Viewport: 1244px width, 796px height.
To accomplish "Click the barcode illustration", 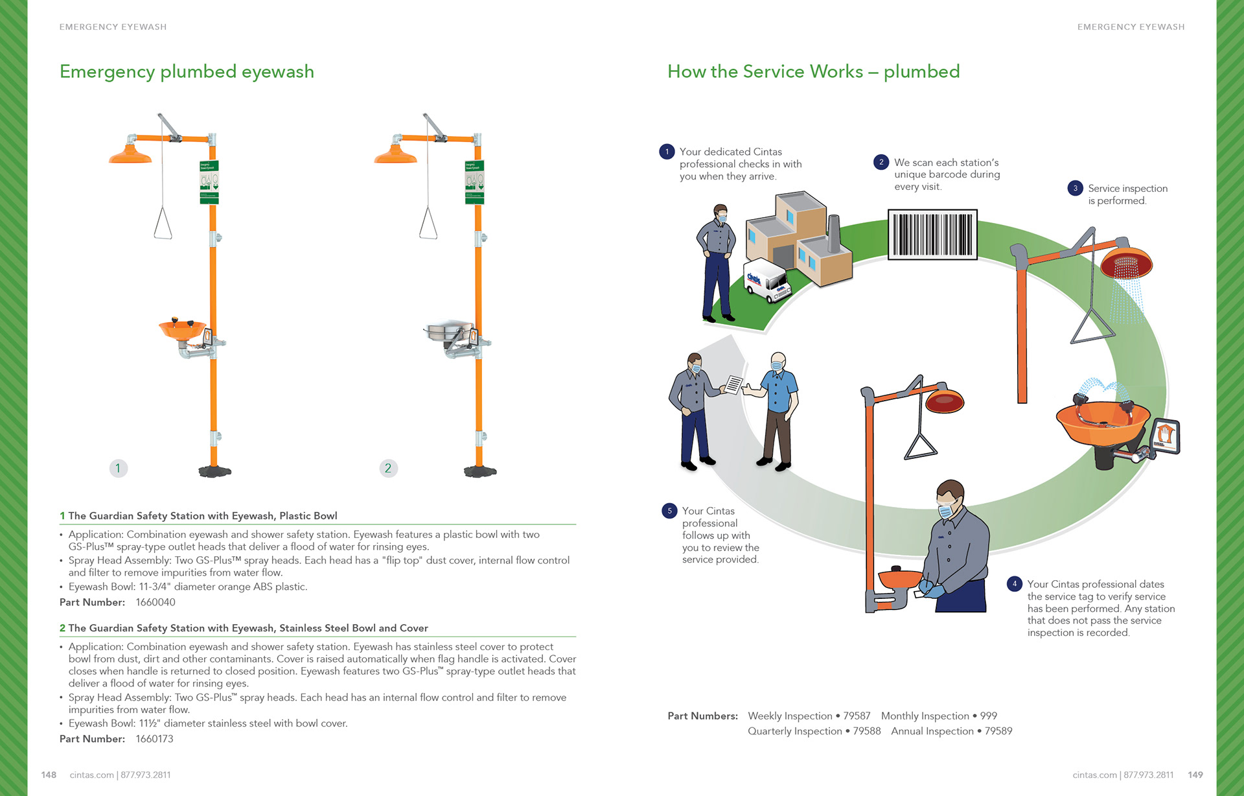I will pos(932,234).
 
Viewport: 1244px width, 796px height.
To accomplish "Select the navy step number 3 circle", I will pos(1075,189).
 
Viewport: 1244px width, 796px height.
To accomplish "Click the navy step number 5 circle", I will pos(669,511).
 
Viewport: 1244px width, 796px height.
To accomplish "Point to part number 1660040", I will pos(155,602).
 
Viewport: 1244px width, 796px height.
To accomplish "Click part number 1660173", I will pos(154,739).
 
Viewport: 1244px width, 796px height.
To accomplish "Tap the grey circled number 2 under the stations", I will pos(388,468).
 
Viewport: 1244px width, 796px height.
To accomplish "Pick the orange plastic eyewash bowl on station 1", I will pos(181,329).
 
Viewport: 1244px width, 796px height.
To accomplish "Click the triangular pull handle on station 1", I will pos(163,224).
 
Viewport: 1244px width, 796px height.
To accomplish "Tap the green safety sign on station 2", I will pos(474,182).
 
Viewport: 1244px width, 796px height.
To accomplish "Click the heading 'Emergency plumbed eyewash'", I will pos(187,71).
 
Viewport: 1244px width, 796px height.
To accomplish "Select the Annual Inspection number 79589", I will pos(998,731).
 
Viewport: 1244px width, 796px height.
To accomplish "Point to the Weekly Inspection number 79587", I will pos(857,716).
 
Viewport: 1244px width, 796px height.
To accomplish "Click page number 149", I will pos(1195,775).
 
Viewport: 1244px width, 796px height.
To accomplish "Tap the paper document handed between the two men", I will pos(733,384).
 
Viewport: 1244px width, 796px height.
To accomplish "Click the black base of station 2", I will pos(480,471).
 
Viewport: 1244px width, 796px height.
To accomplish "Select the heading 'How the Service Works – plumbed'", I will pos(813,71).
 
